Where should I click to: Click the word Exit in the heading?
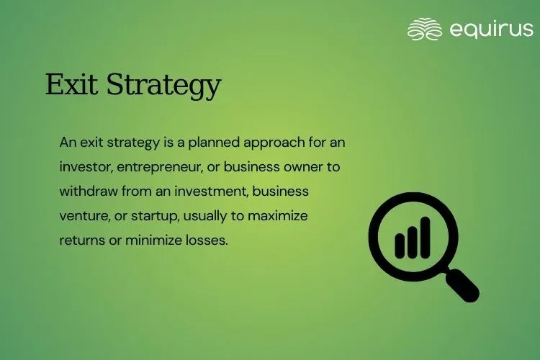click(x=71, y=84)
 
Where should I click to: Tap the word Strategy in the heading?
click(x=163, y=86)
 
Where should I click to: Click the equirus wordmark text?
click(x=492, y=30)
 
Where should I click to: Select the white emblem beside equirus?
click(x=425, y=30)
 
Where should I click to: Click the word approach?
click(x=274, y=143)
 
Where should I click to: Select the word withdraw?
click(x=89, y=191)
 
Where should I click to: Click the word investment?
click(x=212, y=192)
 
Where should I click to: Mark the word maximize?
click(x=278, y=216)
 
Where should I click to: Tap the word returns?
click(x=82, y=240)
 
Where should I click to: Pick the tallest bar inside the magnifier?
click(x=426, y=238)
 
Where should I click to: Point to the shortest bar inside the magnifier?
click(x=400, y=246)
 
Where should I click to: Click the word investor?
click(x=86, y=168)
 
